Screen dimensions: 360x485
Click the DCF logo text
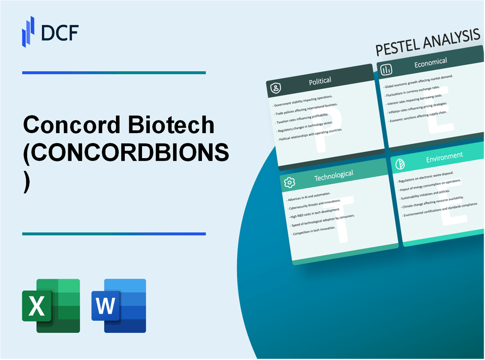coord(60,32)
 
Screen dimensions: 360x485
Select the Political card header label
coord(320,81)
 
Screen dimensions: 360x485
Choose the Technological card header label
coord(333,175)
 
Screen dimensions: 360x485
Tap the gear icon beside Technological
coord(289,182)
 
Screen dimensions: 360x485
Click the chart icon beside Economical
coord(386,70)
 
